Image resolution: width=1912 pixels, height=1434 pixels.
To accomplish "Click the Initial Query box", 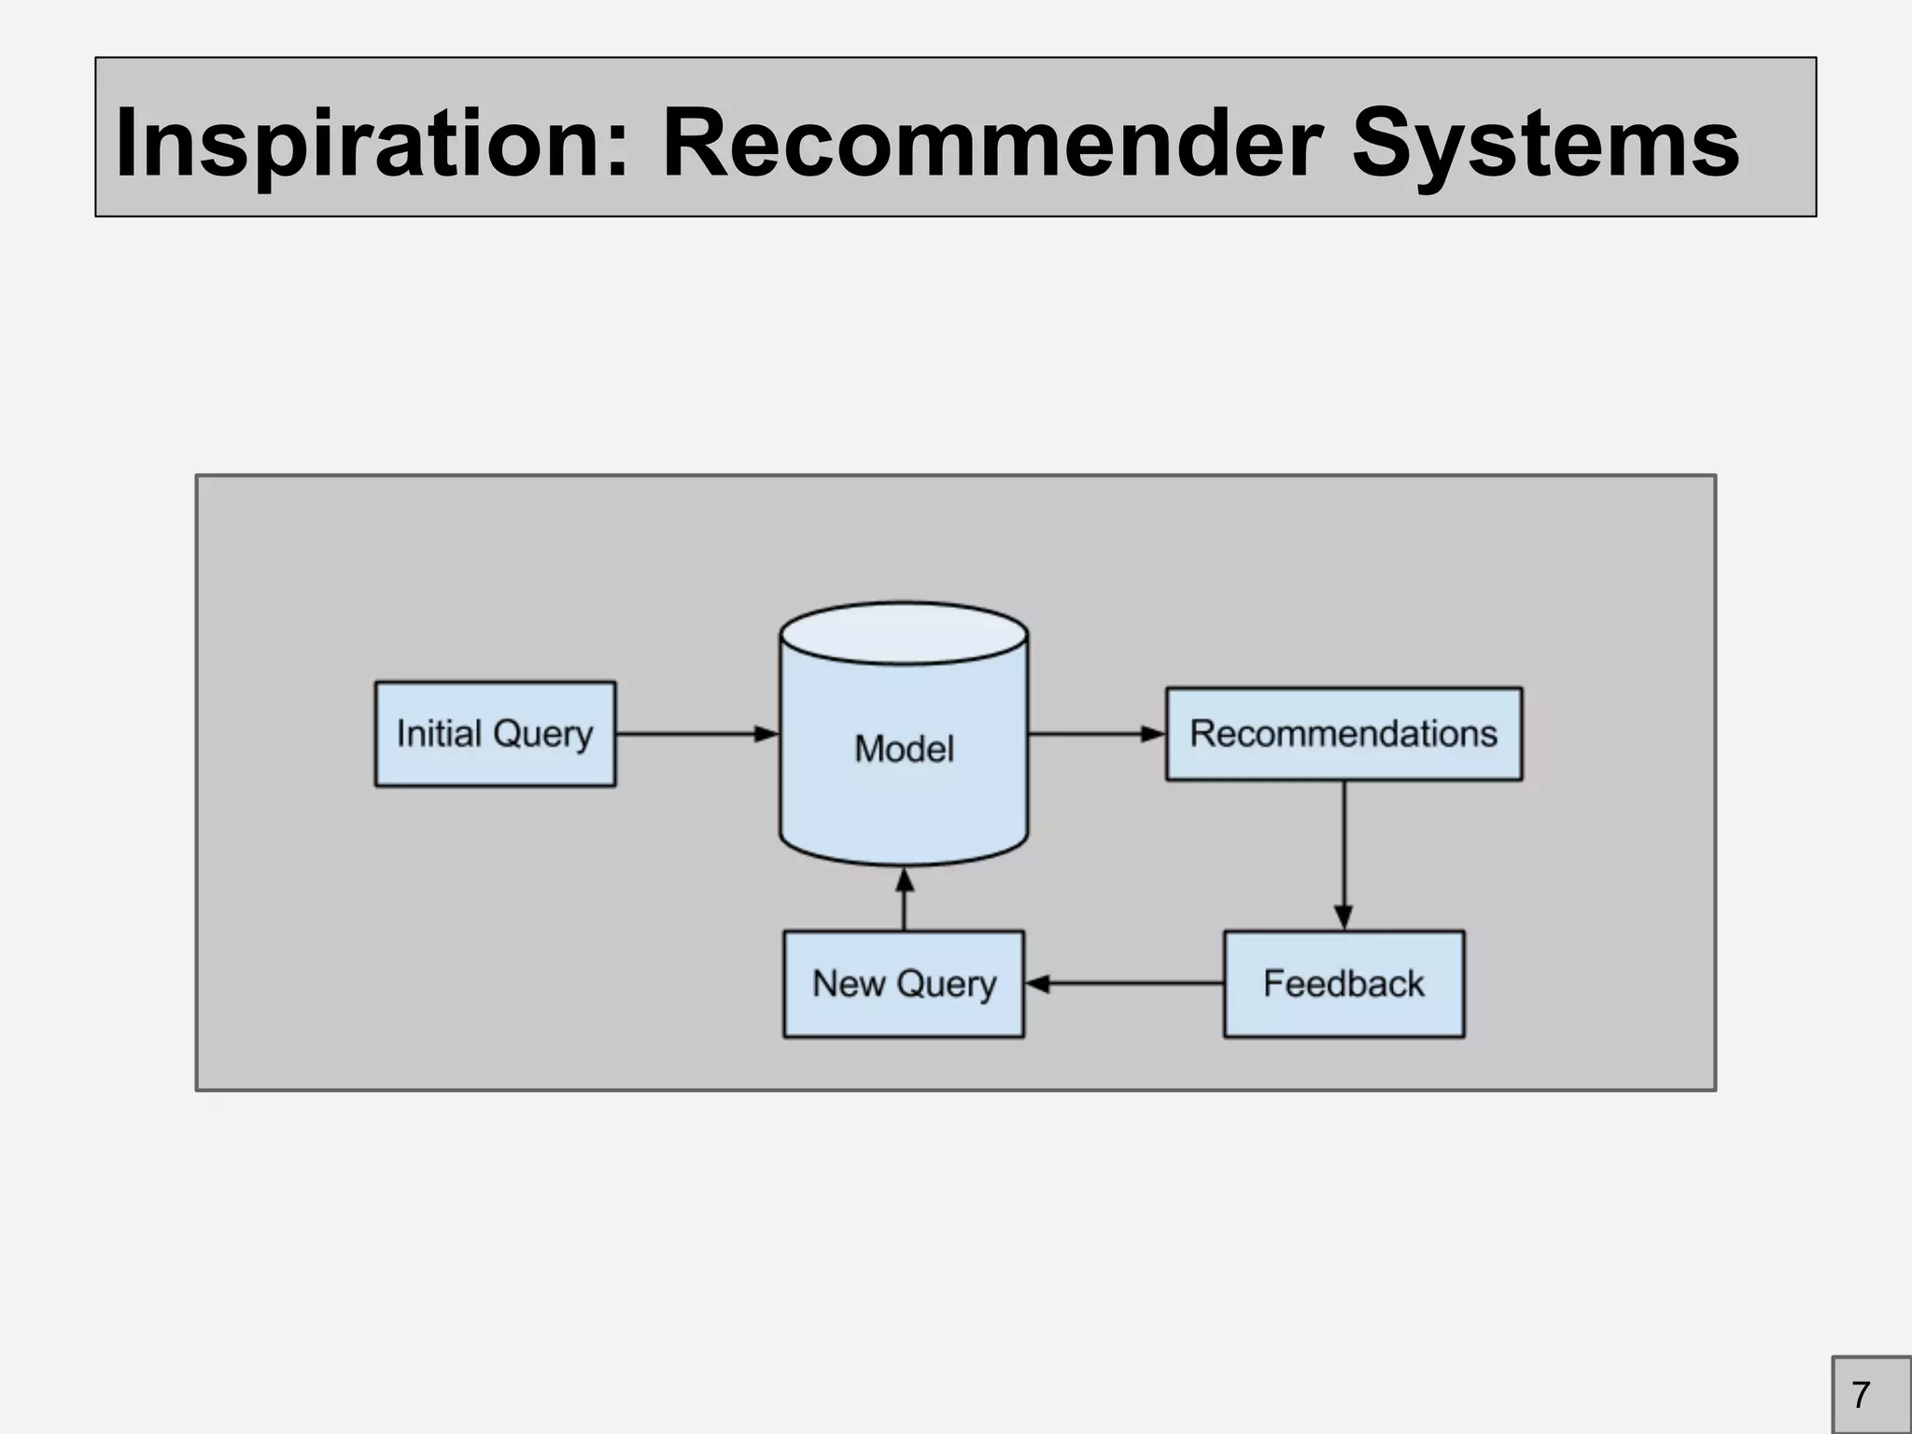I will [495, 734].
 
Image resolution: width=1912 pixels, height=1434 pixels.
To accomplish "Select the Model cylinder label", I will [904, 749].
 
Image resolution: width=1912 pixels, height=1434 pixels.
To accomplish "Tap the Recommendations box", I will [1343, 734].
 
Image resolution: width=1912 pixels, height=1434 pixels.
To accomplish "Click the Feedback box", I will [1343, 984].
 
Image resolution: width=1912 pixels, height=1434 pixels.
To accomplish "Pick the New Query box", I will [904, 984].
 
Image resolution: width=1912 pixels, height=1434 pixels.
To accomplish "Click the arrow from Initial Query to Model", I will [696, 734].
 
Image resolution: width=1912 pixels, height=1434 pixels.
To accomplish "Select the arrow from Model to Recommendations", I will [1096, 734].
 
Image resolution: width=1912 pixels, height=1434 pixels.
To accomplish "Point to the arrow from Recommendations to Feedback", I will [1343, 854].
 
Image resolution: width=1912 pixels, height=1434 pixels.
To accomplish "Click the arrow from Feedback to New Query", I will [1124, 984].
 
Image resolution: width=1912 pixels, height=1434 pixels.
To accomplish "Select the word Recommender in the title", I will [991, 143].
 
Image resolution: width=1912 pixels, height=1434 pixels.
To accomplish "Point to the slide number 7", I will [1861, 1395].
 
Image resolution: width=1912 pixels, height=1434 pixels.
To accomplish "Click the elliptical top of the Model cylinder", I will [904, 633].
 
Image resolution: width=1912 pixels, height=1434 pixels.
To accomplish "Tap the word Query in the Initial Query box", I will [542, 735].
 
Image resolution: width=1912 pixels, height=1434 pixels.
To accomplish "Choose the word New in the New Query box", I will [848, 983].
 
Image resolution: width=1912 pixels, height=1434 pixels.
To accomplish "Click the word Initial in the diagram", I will [439, 734].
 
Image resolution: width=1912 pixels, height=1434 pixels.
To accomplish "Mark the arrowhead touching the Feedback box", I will [1343, 917].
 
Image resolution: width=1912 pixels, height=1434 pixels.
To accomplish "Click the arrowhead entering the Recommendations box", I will [1153, 734].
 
